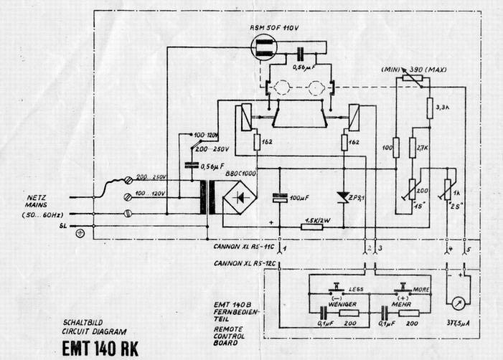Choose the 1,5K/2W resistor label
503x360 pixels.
tap(317, 219)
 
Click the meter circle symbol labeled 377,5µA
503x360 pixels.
tap(455, 298)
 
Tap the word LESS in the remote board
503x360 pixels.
tap(354, 290)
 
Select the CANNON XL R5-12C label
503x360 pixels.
tap(245, 263)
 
